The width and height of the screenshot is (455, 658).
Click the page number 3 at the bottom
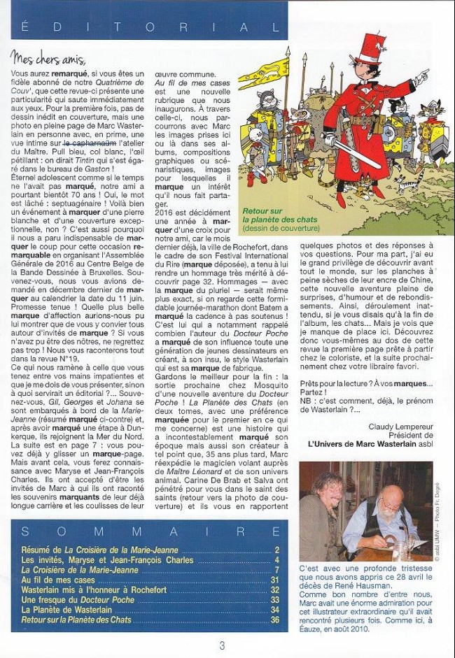click(x=222, y=645)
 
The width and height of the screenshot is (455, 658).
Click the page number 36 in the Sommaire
click(x=275, y=620)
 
